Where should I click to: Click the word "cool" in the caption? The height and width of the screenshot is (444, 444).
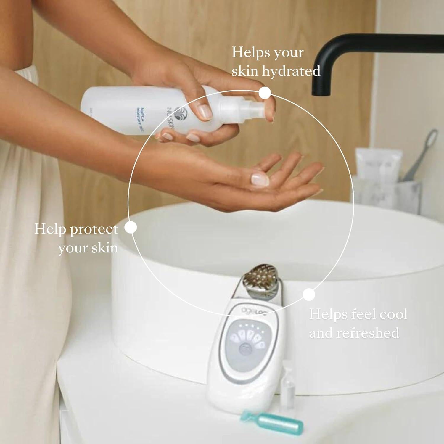click(x=393, y=314)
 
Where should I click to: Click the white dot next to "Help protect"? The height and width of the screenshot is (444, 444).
click(x=131, y=228)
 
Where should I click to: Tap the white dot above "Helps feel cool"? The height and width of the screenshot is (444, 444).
click(x=309, y=294)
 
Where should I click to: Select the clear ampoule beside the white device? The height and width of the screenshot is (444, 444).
click(x=287, y=382)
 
